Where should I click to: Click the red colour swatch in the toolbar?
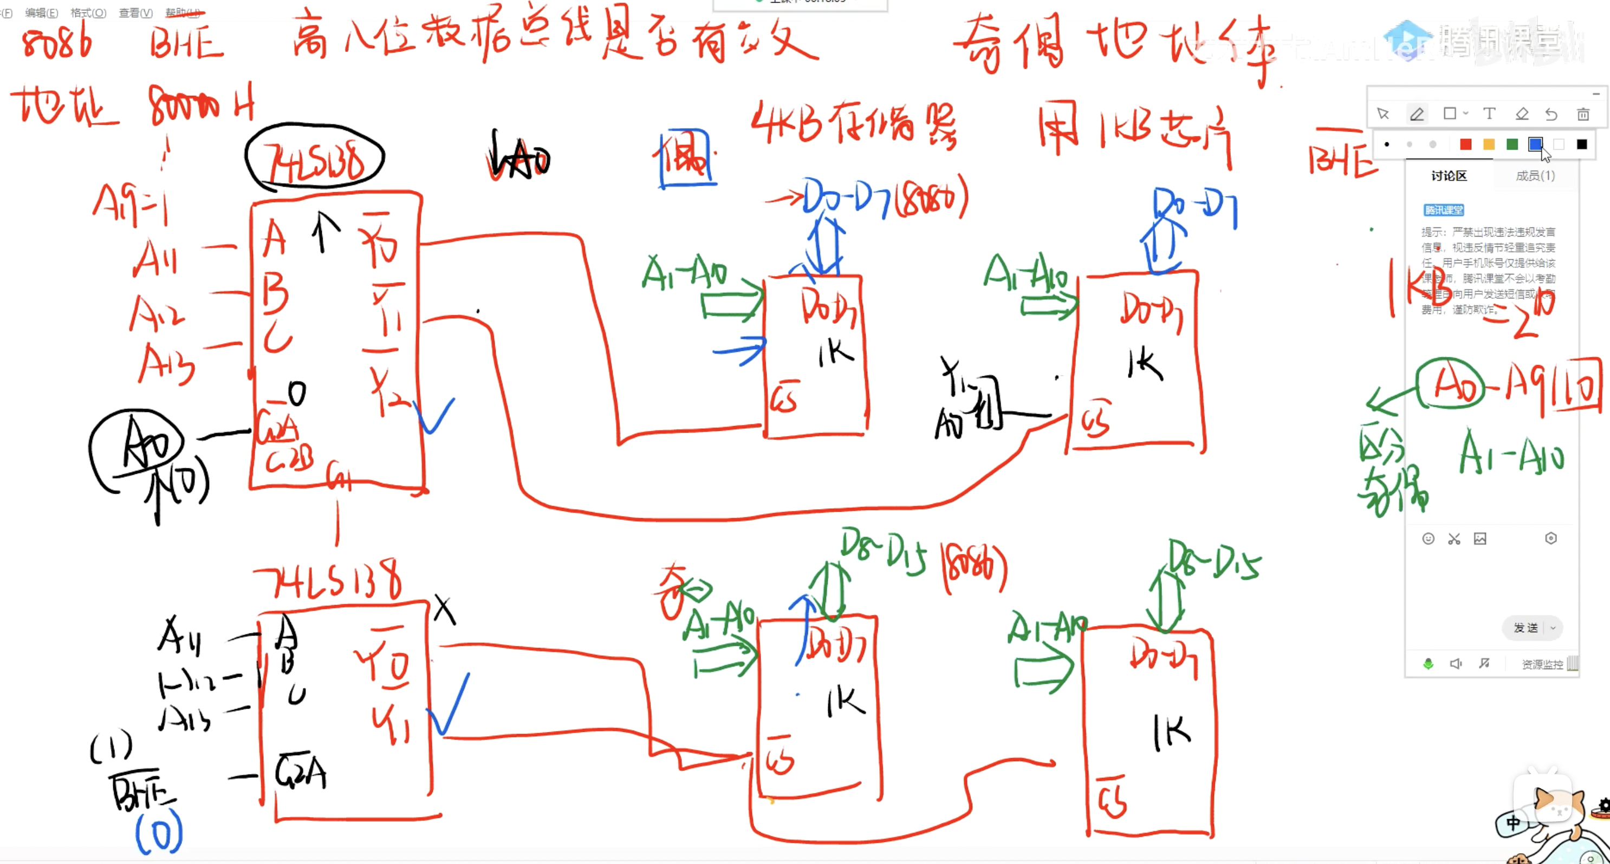pos(1465,145)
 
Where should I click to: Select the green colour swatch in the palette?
pos(1512,145)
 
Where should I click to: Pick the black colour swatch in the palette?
pos(1581,145)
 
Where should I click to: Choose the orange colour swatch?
pos(1489,145)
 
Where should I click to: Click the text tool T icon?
pos(1489,114)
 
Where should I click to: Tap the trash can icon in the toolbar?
pos(1582,114)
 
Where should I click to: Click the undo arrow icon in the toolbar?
pos(1551,114)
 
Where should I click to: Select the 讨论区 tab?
pos(1448,175)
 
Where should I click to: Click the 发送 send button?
pos(1525,627)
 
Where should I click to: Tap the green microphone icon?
pos(1428,664)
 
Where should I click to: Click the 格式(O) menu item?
pos(88,12)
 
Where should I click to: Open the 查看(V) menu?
pos(135,12)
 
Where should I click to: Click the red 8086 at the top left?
pos(56,44)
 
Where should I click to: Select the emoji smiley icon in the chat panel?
pos(1428,539)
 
